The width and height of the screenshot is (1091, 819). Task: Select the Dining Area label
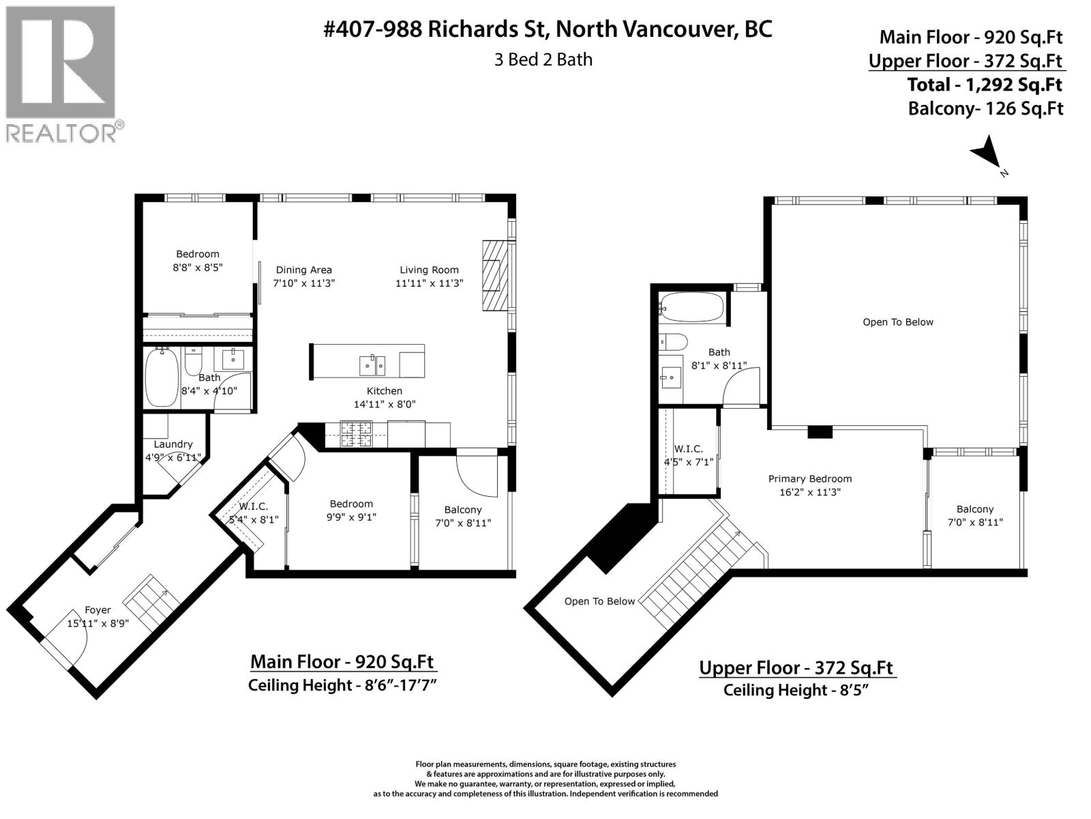(x=303, y=270)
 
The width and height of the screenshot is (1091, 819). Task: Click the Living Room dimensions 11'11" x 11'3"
(x=429, y=283)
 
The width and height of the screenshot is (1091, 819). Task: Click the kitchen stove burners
(x=356, y=434)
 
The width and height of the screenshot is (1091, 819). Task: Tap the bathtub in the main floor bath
(x=162, y=377)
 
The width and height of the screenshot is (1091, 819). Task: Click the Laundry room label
(x=173, y=444)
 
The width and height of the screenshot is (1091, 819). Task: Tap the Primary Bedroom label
(x=809, y=479)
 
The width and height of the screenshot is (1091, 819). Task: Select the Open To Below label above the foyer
(x=599, y=601)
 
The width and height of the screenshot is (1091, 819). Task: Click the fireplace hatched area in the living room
(x=495, y=276)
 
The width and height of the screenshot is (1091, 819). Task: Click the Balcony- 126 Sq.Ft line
(x=985, y=109)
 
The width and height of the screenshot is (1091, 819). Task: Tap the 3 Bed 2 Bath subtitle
(x=543, y=59)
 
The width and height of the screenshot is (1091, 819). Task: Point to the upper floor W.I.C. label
(x=689, y=448)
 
